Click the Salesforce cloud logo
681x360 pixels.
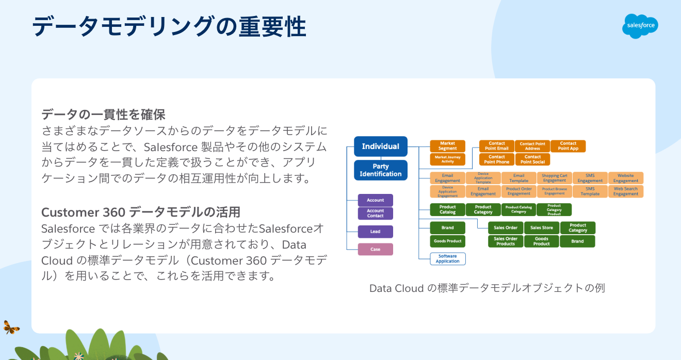[640, 25]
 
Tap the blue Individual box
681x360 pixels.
[380, 146]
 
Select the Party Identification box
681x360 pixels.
[380, 170]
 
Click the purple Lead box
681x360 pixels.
[375, 232]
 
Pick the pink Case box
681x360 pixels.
[375, 249]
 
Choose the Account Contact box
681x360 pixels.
[375, 213]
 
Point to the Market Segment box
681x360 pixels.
[447, 146]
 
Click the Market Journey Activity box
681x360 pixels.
[447, 159]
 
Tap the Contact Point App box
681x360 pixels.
[567, 146]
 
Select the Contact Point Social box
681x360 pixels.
[532, 159]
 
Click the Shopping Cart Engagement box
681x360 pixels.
[554, 178]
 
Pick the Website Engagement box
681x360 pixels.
[625, 178]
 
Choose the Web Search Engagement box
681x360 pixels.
[625, 191]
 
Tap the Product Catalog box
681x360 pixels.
[447, 209]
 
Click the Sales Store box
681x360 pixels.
[541, 227]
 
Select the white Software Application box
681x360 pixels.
[447, 258]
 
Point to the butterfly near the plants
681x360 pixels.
[11, 327]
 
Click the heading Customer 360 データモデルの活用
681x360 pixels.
[140, 212]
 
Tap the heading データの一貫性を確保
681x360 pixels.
[103, 114]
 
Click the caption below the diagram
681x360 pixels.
[487, 288]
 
